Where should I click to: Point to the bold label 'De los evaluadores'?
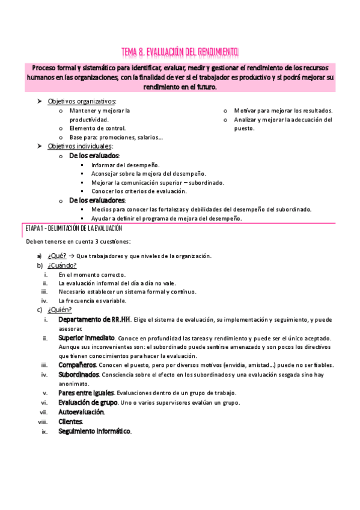97,200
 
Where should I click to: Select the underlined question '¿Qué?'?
56,256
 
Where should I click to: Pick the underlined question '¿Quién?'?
60,310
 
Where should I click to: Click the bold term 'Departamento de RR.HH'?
94,319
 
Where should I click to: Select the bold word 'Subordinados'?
79,374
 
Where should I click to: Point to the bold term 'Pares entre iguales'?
87,393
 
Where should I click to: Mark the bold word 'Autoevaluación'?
81,412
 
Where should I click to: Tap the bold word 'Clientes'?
70,422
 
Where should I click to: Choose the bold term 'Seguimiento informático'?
94,431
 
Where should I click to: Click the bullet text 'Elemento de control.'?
97,128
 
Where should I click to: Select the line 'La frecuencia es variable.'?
93,301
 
